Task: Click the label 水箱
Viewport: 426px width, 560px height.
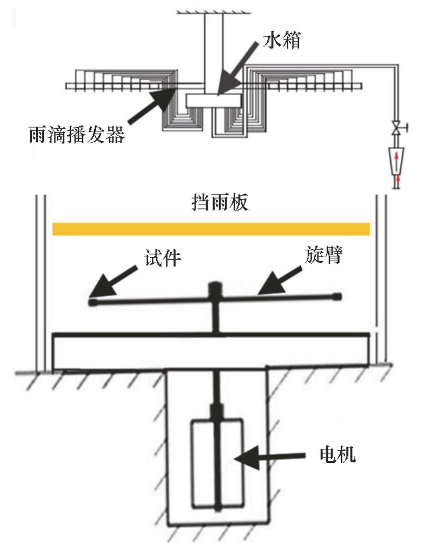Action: (x=281, y=41)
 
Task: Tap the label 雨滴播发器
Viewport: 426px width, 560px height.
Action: (x=77, y=134)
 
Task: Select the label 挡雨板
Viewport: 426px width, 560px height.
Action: (x=220, y=202)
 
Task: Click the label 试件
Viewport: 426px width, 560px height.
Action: (x=163, y=257)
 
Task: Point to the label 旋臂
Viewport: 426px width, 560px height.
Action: (x=323, y=254)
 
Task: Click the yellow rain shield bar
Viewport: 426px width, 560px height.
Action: (x=211, y=229)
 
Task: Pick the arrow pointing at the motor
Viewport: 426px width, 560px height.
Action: (x=273, y=457)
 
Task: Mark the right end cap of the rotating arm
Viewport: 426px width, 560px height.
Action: (x=337, y=297)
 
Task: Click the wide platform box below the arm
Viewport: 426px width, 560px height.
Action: (x=211, y=350)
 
